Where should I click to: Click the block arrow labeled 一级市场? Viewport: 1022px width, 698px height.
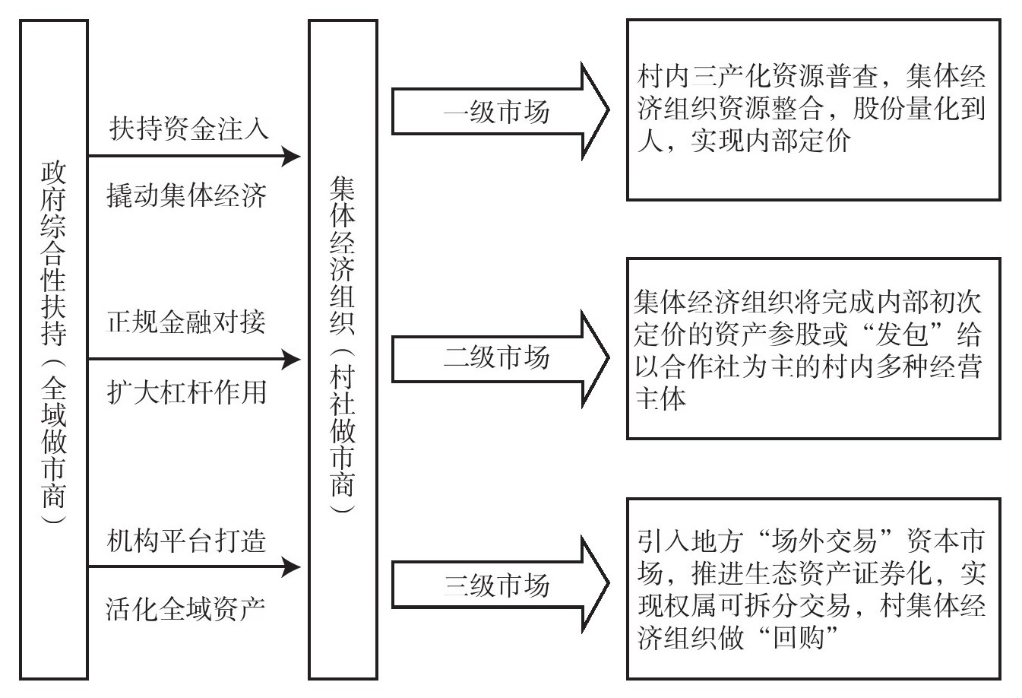(498, 113)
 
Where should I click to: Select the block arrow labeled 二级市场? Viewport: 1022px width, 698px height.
(498, 357)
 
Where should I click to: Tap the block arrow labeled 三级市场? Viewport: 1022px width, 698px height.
(498, 585)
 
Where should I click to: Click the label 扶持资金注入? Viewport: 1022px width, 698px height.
(188, 128)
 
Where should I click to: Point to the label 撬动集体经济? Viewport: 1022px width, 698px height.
(187, 196)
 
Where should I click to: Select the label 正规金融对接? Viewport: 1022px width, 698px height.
(187, 322)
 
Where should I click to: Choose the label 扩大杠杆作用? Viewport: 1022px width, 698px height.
(187, 392)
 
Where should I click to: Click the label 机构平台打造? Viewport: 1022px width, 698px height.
(187, 541)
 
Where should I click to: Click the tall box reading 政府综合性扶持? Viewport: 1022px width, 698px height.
(54, 349)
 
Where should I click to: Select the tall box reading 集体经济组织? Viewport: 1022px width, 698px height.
(343, 349)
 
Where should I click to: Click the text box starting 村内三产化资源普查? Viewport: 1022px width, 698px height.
(813, 109)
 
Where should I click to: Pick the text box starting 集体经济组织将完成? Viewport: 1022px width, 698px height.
(813, 349)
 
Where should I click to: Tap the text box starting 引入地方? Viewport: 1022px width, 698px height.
(813, 589)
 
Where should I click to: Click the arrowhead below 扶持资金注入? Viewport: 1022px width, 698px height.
(290, 157)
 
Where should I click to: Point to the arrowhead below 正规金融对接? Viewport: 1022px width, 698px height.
(290, 359)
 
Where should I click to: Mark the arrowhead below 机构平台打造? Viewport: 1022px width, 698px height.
(290, 566)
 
